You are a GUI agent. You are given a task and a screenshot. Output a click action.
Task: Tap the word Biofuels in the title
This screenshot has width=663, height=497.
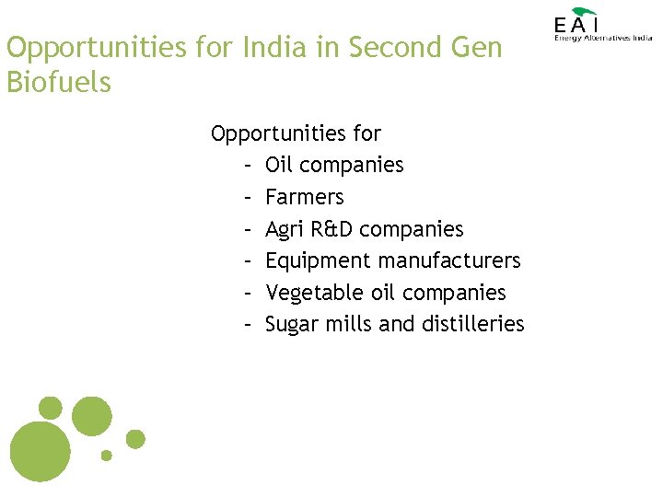58,82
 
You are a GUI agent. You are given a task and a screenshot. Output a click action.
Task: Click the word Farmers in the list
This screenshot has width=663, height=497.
304,197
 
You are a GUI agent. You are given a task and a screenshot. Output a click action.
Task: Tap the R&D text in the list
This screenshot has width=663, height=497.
331,228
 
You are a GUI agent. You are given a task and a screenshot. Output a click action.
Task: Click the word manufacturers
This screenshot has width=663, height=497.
445,260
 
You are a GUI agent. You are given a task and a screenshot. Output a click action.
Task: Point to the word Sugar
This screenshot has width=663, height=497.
291,324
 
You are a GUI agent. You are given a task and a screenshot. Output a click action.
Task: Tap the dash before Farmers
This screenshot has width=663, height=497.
249,197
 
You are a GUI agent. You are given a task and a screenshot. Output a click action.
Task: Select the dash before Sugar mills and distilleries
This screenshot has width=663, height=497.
249,324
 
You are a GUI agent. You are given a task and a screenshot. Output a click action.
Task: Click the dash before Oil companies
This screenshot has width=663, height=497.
249,166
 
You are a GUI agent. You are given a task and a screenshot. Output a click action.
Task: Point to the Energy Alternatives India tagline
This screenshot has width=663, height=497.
602,38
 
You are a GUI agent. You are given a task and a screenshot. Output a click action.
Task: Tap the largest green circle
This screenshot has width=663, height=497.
40,450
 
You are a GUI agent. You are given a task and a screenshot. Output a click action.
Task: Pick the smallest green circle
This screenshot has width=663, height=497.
107,455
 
